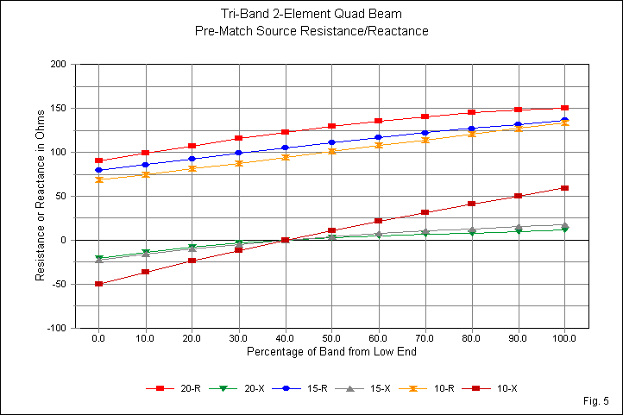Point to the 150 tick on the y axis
[58, 109]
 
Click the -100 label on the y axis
[56, 329]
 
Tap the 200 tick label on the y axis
[58, 65]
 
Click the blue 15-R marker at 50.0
[331, 142]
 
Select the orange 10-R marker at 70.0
[425, 140]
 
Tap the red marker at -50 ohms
[98, 284]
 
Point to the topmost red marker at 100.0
[564, 108]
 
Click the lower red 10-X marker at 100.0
[564, 187]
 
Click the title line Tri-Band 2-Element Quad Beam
[311, 15]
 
